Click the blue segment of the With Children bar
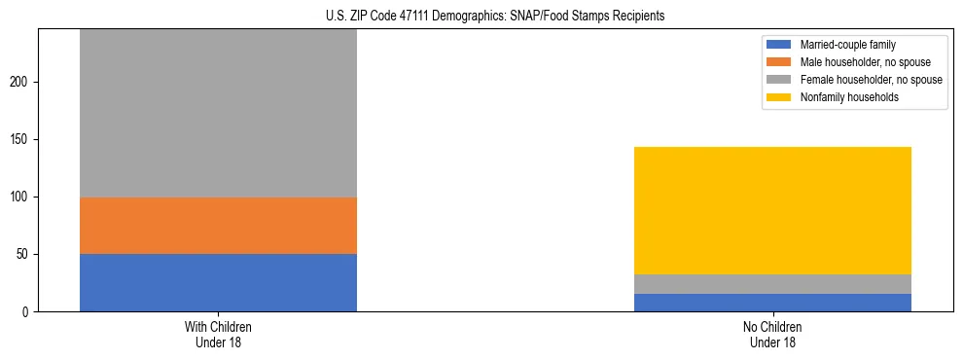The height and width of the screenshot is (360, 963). coord(218,282)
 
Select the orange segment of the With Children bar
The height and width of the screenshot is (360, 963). coord(218,226)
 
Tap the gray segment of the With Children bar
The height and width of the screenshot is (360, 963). coord(218,113)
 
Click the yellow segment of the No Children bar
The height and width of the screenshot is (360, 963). coord(772,210)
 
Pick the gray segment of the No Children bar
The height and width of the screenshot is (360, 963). coord(772,284)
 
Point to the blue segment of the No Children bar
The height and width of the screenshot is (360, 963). coord(772,303)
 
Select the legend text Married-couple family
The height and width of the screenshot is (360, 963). coord(848,45)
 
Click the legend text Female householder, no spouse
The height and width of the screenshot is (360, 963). coord(871,80)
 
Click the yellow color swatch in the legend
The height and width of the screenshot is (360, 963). coord(780,97)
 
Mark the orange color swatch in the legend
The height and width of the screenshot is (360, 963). coord(780,62)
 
